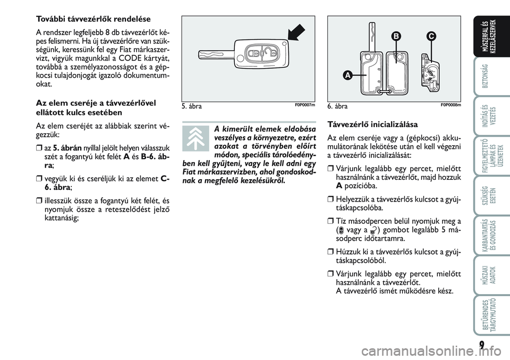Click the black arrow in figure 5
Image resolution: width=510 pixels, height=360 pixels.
pyautogui.click(x=293, y=31)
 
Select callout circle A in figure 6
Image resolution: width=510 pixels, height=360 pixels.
pyautogui.click(x=347, y=76)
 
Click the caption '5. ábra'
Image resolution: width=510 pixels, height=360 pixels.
pyautogui.click(x=191, y=106)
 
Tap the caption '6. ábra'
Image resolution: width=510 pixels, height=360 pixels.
pyautogui.click(x=338, y=106)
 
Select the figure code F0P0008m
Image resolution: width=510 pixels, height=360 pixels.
pyautogui.click(x=451, y=105)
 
